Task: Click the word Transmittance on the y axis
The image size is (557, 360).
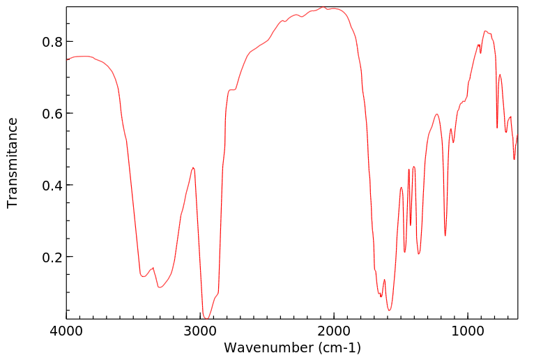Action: pyautogui.click(x=13, y=163)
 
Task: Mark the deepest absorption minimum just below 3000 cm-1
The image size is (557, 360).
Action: pyautogui.click(x=206, y=319)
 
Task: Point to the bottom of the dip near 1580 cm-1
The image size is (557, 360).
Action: pyautogui.click(x=390, y=310)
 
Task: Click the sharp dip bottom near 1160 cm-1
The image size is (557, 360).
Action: pyautogui.click(x=445, y=236)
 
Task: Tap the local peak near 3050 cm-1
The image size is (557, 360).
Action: pyautogui.click(x=193, y=167)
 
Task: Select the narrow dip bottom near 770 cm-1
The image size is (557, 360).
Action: pyautogui.click(x=497, y=128)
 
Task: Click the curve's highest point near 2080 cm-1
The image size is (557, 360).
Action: pyautogui.click(x=323, y=7)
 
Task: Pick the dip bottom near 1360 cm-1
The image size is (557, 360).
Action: pyautogui.click(x=418, y=254)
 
